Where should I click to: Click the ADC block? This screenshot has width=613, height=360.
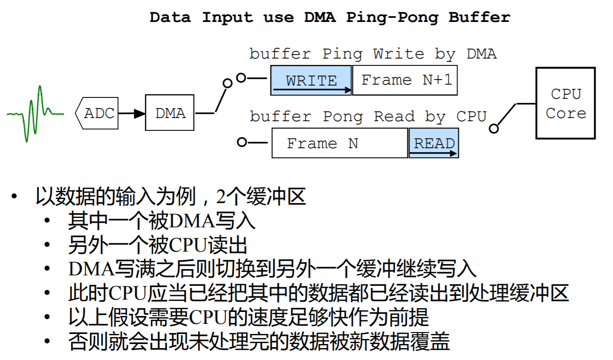point(96,113)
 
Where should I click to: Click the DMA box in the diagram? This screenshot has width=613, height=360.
point(170,113)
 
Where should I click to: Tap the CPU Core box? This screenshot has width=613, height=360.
point(565,103)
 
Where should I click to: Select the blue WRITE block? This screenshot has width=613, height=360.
point(311,81)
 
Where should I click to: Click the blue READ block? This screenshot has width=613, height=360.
point(434,143)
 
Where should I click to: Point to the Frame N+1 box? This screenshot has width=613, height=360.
point(405,81)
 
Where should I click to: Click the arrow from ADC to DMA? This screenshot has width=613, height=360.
point(132,113)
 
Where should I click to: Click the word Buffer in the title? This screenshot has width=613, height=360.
point(479,17)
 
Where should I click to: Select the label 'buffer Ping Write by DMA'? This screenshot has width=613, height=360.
point(373,54)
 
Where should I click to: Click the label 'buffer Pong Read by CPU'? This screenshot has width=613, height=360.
point(368,117)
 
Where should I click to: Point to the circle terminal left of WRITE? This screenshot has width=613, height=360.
point(241,78)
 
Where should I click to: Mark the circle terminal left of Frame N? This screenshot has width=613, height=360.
point(241,142)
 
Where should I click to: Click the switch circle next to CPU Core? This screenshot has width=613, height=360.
point(493,129)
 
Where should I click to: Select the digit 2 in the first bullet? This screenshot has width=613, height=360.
point(221,197)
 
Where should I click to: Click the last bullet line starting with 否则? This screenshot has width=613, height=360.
point(258,342)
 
